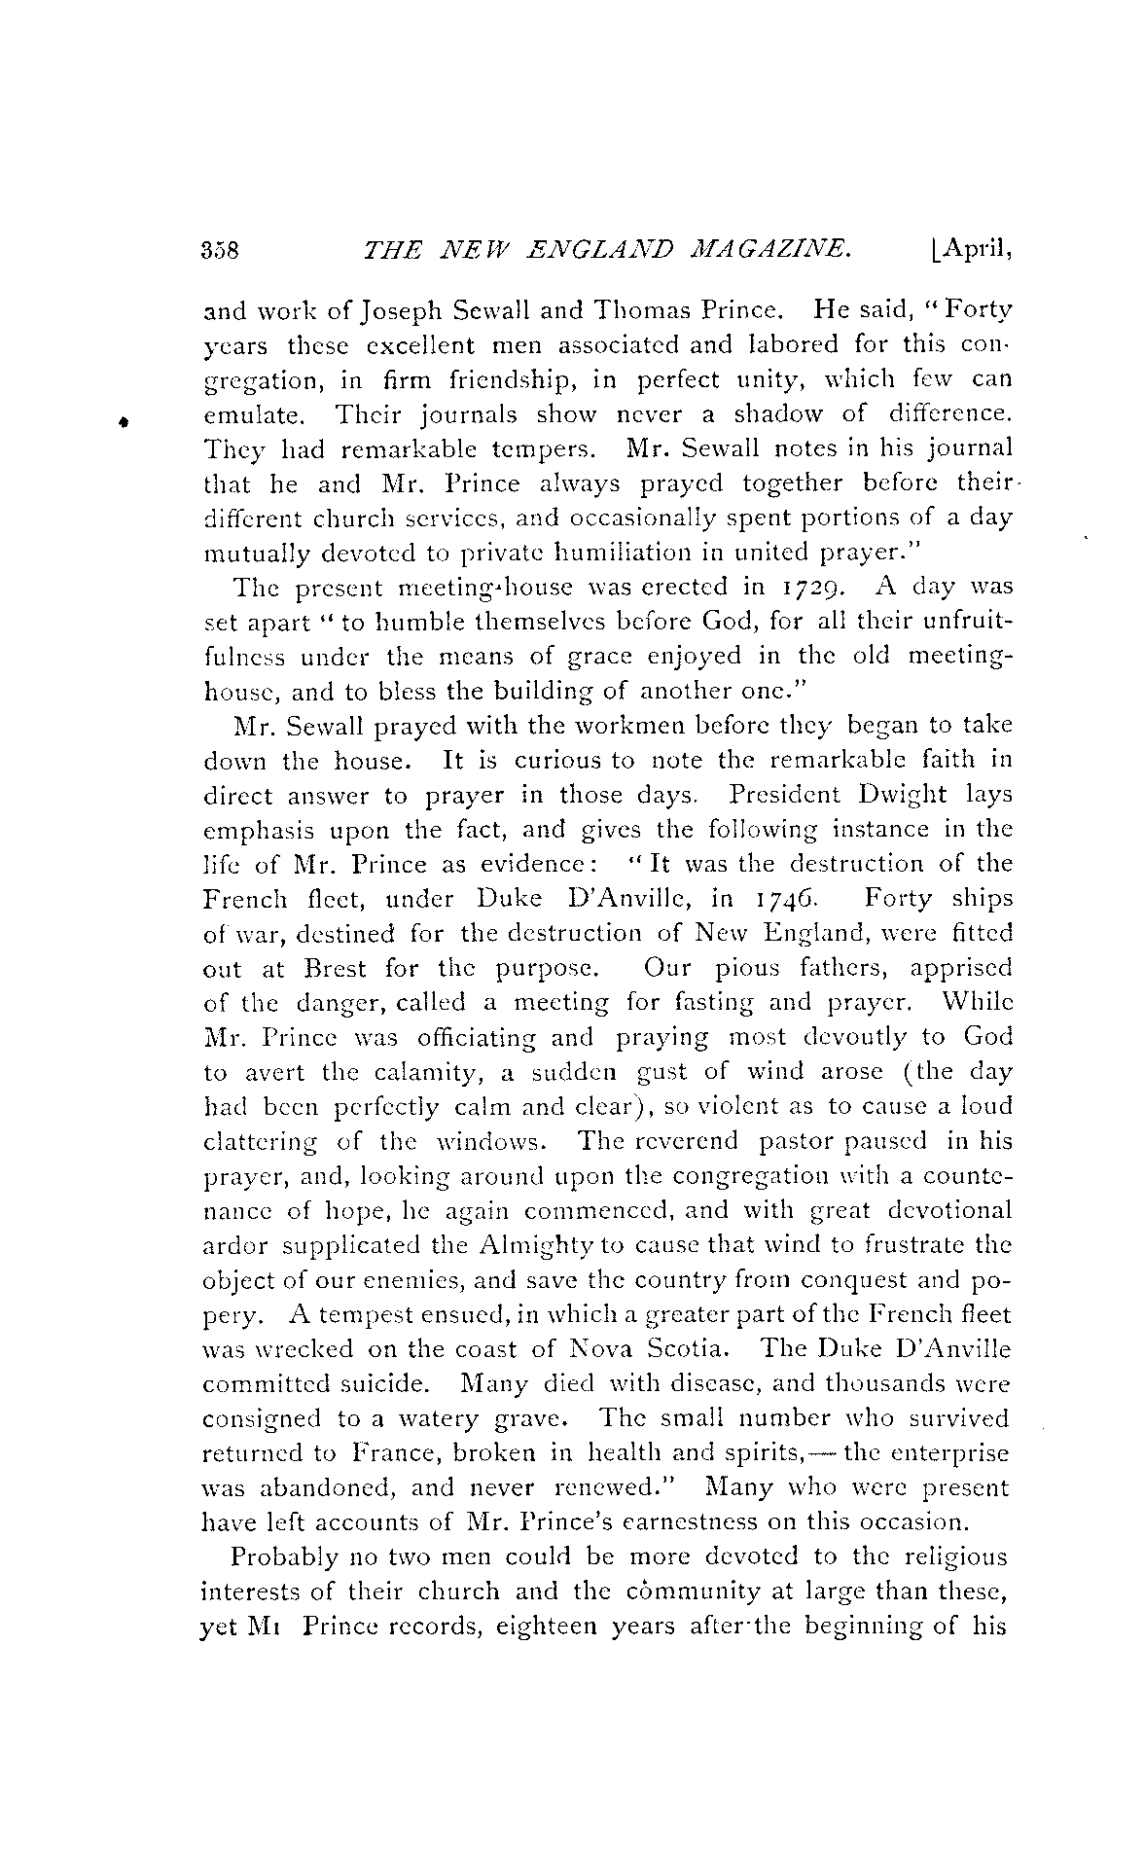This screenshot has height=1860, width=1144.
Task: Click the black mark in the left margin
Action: point(124,421)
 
